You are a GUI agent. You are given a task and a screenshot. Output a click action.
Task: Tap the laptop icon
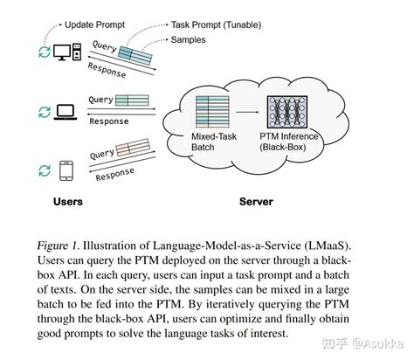[66, 112]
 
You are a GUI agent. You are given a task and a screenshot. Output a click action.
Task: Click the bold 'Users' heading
[68, 202]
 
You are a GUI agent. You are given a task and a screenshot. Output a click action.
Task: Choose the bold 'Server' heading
[256, 202]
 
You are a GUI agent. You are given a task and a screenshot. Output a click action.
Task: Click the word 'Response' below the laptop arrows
[108, 121]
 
